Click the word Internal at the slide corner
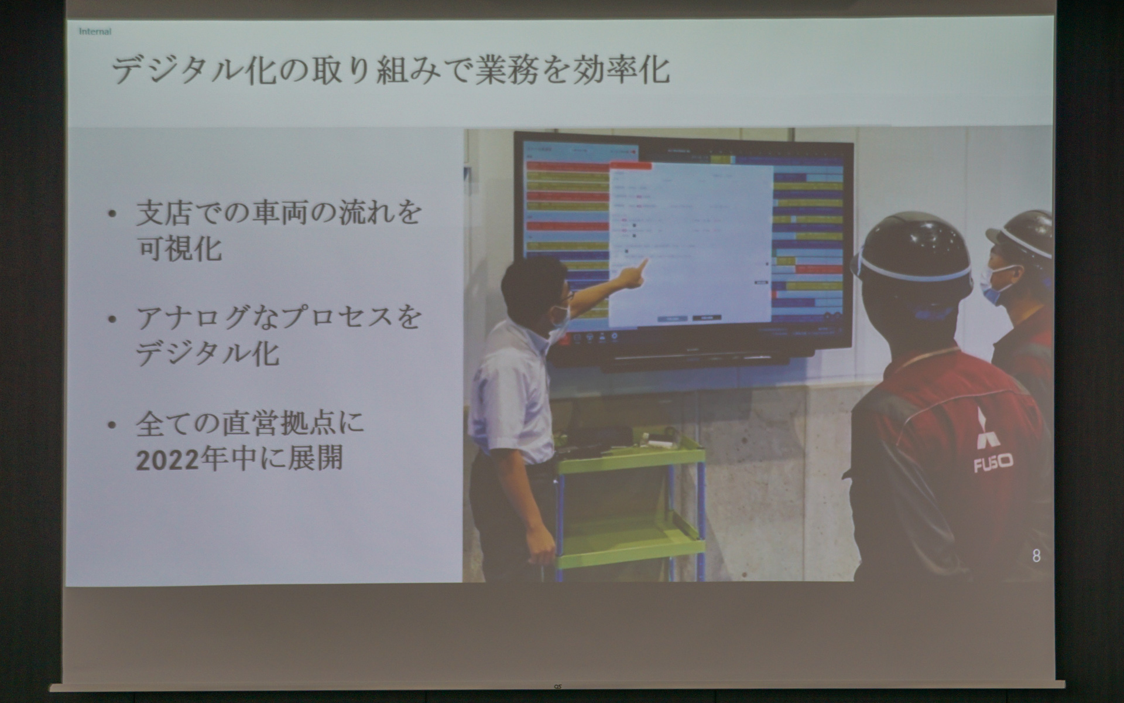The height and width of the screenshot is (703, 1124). [x=95, y=32]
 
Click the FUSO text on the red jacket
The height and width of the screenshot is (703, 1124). [x=993, y=465]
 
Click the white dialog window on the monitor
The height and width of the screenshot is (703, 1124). [x=691, y=246]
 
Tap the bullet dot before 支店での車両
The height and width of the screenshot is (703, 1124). [x=112, y=214]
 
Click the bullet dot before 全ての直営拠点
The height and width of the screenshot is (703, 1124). [x=112, y=424]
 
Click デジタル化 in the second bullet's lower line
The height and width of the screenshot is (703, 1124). [x=208, y=353]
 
